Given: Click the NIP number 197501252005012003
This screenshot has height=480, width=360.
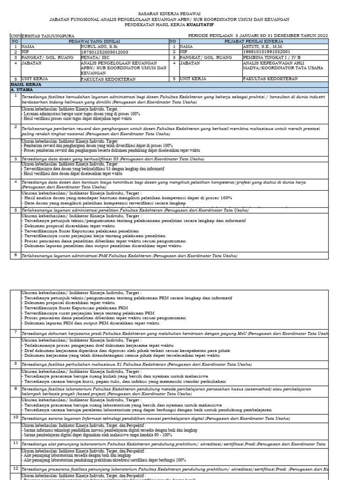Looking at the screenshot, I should coord(104,52).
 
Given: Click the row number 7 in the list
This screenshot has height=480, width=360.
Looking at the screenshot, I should coord(15,332).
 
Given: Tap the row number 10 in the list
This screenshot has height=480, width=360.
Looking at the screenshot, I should coord(15,416).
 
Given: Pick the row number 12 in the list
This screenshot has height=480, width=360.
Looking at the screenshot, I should coord(15,468).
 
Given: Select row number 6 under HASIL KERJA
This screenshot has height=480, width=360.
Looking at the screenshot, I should coord(15,255).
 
